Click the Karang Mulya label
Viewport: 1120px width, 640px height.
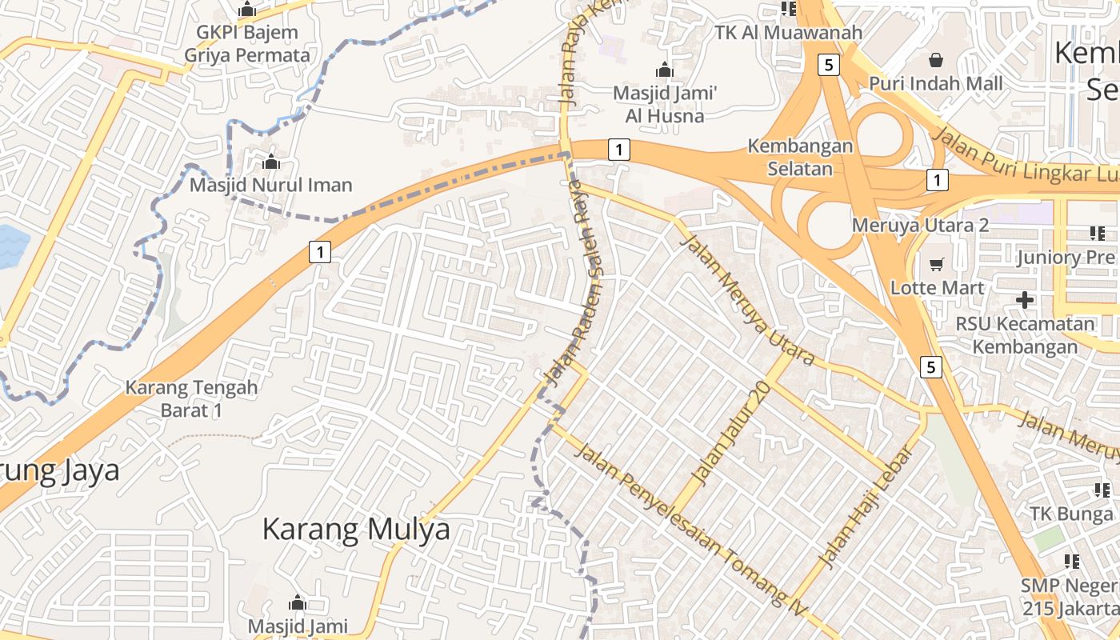click(x=356, y=530)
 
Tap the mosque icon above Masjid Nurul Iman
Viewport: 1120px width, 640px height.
click(x=271, y=162)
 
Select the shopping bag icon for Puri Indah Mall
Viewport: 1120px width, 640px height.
click(x=936, y=60)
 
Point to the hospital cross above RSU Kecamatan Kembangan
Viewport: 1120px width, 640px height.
click(x=1025, y=300)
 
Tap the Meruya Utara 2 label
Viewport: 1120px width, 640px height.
click(x=920, y=225)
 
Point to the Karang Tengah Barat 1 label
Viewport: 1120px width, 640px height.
click(x=191, y=398)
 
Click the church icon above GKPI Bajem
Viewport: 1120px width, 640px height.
click(x=247, y=10)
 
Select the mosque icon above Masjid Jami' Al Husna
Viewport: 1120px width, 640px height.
click(x=664, y=70)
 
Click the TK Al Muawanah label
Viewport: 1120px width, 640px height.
click(x=789, y=33)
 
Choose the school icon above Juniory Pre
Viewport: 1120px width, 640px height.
click(x=1097, y=234)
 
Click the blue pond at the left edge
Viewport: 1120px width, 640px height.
click(x=10, y=246)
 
